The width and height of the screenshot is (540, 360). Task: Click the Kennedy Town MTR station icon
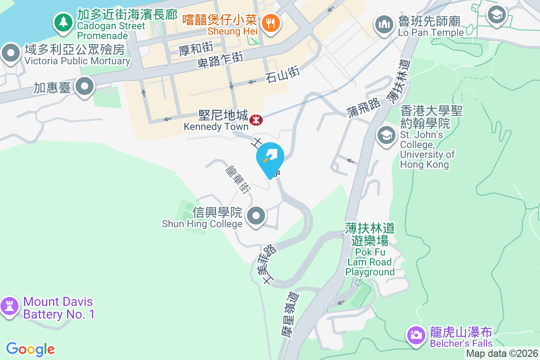point(256,120)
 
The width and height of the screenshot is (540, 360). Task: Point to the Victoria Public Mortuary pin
point(11,54)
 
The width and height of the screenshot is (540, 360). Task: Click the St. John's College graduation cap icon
point(386,135)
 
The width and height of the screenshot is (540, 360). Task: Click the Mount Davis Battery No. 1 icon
point(9,306)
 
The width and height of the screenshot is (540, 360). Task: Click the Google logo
point(31,349)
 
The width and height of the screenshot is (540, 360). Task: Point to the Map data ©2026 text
point(502,354)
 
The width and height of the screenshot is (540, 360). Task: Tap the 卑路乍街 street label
point(220,59)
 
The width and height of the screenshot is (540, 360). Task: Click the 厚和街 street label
point(195,48)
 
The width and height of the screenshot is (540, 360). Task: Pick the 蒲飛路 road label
point(363,108)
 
